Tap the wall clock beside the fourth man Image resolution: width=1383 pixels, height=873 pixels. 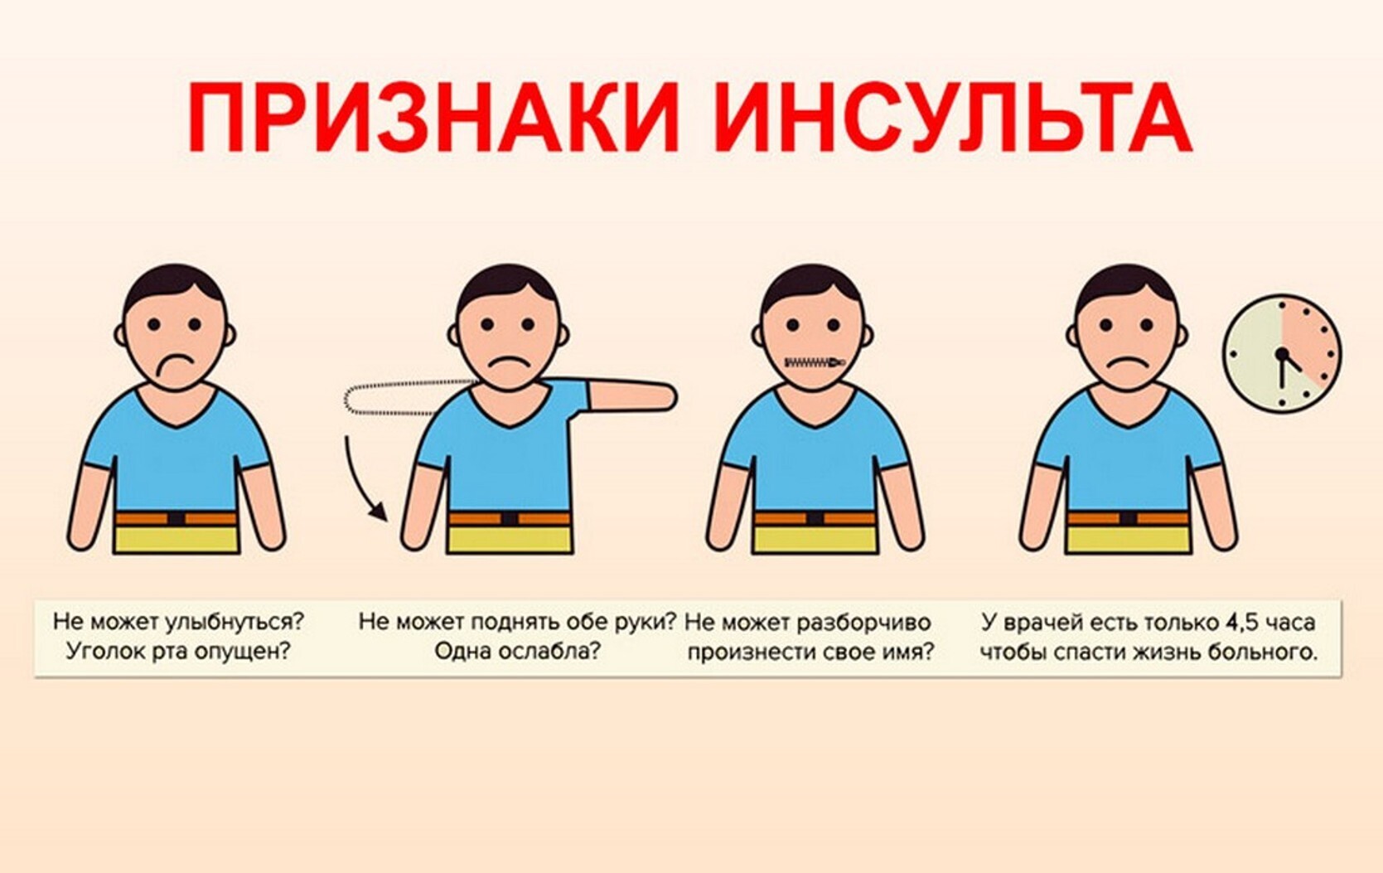click(1282, 354)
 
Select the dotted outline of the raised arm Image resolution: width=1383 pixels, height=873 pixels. click(406, 397)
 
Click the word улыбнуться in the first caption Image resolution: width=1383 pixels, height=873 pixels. click(235, 622)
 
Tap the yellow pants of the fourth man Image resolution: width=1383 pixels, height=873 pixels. click(1128, 540)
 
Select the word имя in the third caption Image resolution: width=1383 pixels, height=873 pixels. click(912, 652)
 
